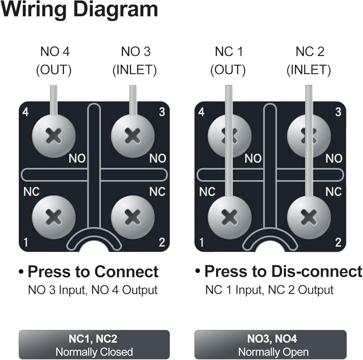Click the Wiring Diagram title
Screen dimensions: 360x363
[79, 10]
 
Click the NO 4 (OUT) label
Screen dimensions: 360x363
[54, 61]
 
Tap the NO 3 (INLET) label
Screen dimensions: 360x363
[135, 61]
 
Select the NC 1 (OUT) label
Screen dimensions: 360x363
[228, 61]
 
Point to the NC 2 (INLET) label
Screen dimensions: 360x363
[309, 61]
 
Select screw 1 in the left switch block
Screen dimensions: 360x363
[54, 217]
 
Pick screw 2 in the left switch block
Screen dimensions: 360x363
[132, 217]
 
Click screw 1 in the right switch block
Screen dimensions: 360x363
[229, 217]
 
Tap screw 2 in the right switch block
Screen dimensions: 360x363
[309, 217]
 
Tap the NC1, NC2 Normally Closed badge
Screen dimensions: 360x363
[94, 345]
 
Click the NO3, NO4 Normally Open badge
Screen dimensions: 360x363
[270, 345]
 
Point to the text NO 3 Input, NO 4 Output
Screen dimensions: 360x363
[93, 290]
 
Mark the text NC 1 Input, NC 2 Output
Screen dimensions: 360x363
[269, 290]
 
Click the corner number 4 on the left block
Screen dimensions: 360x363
[25, 112]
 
